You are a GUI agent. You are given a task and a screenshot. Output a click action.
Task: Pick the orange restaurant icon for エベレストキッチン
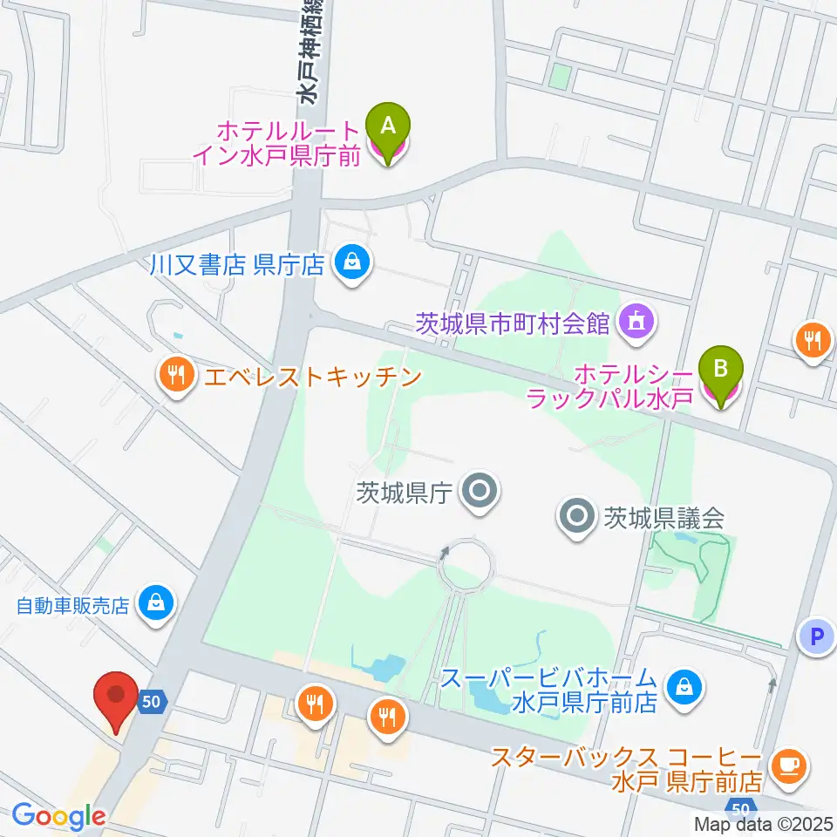[x=177, y=376]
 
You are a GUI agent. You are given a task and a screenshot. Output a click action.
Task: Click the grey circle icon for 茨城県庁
[x=479, y=493]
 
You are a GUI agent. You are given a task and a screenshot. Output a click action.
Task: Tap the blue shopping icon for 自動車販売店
[x=155, y=604]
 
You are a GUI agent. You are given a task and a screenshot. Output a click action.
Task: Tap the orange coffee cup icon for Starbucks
[x=791, y=765]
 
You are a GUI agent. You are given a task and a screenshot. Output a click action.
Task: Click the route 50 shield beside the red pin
[x=151, y=701]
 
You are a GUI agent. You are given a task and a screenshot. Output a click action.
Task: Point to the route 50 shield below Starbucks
[x=740, y=807]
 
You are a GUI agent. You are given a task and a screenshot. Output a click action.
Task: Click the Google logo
[x=58, y=817]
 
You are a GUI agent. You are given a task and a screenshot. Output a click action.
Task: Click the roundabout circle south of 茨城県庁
[x=468, y=566]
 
